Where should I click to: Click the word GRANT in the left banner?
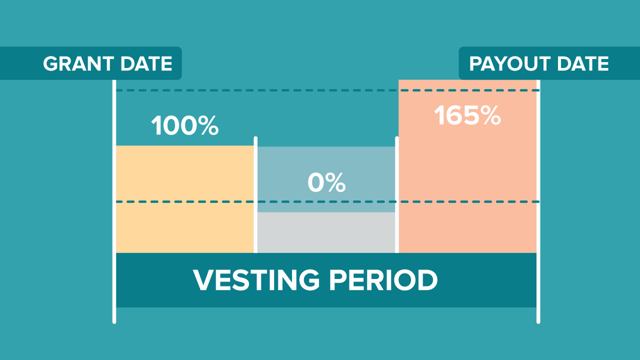pyautogui.click(x=78, y=63)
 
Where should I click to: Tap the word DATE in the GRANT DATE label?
pyautogui.click(x=146, y=63)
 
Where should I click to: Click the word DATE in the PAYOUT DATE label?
pyautogui.click(x=583, y=63)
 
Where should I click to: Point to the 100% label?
pyautogui.click(x=185, y=125)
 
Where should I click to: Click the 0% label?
pyautogui.click(x=326, y=182)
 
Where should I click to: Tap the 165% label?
pyautogui.click(x=467, y=115)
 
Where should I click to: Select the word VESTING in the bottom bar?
pyautogui.click(x=256, y=280)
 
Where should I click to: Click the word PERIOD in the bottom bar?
pyautogui.click(x=383, y=280)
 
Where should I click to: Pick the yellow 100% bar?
pyautogui.click(x=185, y=199)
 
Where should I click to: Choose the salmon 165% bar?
pyautogui.click(x=467, y=166)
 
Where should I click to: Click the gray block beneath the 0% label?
pyautogui.click(x=326, y=232)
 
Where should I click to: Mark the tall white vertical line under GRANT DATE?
pyautogui.click(x=114, y=201)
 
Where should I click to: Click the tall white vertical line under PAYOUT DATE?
pyautogui.click(x=538, y=201)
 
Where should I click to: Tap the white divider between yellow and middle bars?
pyautogui.click(x=255, y=195)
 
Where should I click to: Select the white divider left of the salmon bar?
pyautogui.click(x=397, y=195)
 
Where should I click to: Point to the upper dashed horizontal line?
pyautogui.click(x=327, y=90)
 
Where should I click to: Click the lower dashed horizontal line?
pyautogui.click(x=327, y=201)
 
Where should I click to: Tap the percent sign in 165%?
pyautogui.click(x=490, y=115)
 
